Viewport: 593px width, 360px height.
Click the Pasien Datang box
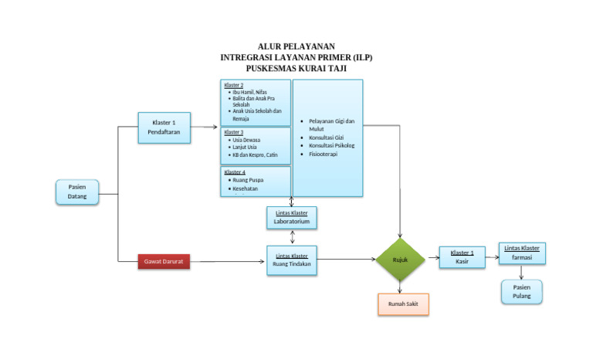(x=77, y=192)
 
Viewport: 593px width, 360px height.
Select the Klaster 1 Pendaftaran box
(x=164, y=127)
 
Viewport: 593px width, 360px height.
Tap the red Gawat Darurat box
(x=163, y=262)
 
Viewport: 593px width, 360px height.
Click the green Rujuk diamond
(x=400, y=260)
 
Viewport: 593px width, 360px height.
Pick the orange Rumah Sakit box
(x=403, y=304)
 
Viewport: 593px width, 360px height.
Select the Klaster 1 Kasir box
(x=462, y=257)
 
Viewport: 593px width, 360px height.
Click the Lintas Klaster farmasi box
(x=521, y=253)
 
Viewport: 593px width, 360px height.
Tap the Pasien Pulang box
(x=521, y=291)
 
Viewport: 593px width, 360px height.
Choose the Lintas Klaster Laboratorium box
(x=292, y=217)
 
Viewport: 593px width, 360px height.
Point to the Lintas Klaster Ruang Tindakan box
(x=292, y=260)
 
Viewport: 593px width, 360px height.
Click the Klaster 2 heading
(x=233, y=84)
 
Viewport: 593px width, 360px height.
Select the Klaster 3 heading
(x=233, y=132)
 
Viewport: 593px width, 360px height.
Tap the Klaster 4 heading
(x=235, y=172)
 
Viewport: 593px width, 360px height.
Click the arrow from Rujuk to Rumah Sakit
(x=400, y=287)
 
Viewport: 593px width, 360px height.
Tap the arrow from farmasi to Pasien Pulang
(x=521, y=272)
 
